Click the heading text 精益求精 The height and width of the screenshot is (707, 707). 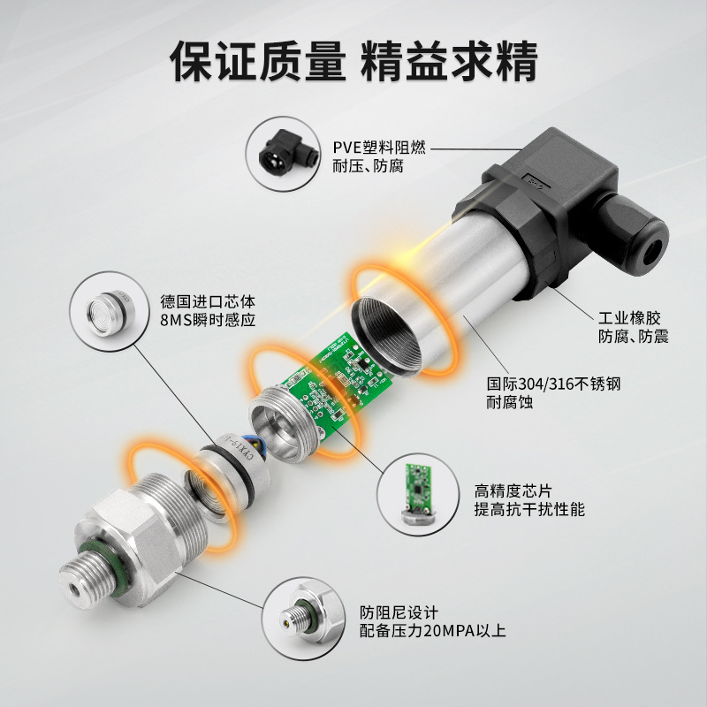click(x=451, y=59)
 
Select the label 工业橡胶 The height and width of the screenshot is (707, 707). click(x=629, y=318)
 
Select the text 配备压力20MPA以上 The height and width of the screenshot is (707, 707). click(x=432, y=632)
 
